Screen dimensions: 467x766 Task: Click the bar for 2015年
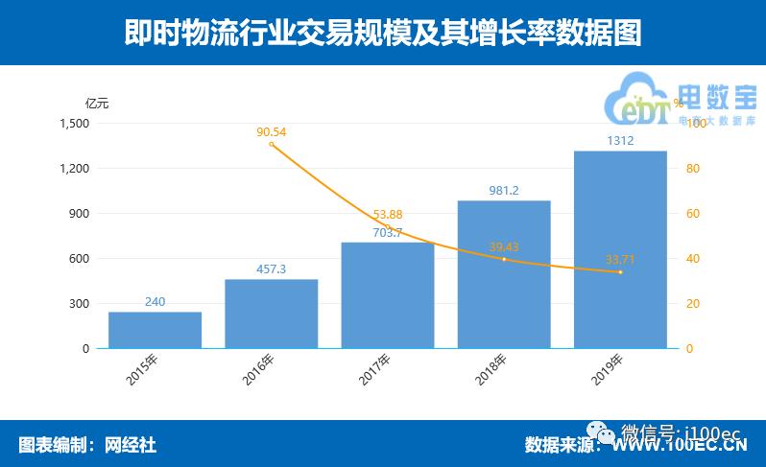tap(155, 330)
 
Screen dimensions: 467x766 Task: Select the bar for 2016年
tap(271, 314)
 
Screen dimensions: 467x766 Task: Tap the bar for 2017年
tap(388, 295)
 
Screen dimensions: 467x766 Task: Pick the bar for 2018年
tap(504, 274)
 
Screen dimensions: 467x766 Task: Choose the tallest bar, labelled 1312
tap(620, 249)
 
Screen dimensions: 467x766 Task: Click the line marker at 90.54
tap(272, 144)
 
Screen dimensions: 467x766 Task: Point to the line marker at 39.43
tap(504, 260)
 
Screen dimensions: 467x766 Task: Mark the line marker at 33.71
tap(620, 272)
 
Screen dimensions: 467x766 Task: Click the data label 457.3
tap(271, 269)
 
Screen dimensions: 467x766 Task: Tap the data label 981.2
tap(504, 191)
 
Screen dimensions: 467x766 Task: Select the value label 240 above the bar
tap(155, 302)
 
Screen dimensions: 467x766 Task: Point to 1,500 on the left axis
tap(74, 124)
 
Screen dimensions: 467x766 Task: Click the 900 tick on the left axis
tap(80, 214)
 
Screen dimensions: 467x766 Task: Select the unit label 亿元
tap(97, 103)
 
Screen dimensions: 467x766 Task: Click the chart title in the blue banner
tap(383, 34)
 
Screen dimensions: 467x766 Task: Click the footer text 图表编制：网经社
tap(87, 445)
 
